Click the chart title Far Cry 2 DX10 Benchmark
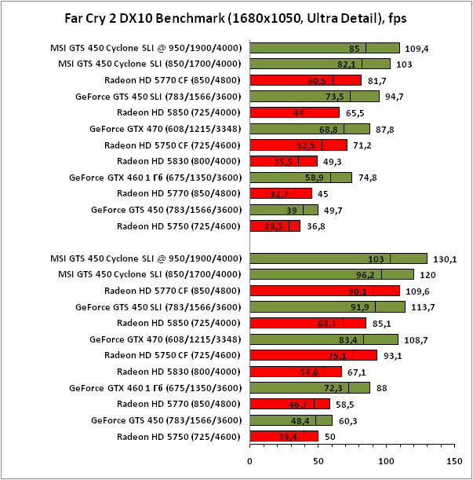pyautogui.click(x=236, y=18)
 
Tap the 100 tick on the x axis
pyautogui.click(x=385, y=461)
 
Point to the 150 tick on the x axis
pyautogui.click(x=453, y=461)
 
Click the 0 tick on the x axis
pyautogui.click(x=249, y=461)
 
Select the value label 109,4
pyautogui.click(x=417, y=48)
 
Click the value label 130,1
pyautogui.click(x=444, y=258)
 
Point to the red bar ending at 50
pyautogui.click(x=283, y=436)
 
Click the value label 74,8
pyautogui.click(x=369, y=178)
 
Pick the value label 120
pyautogui.click(x=426, y=275)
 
